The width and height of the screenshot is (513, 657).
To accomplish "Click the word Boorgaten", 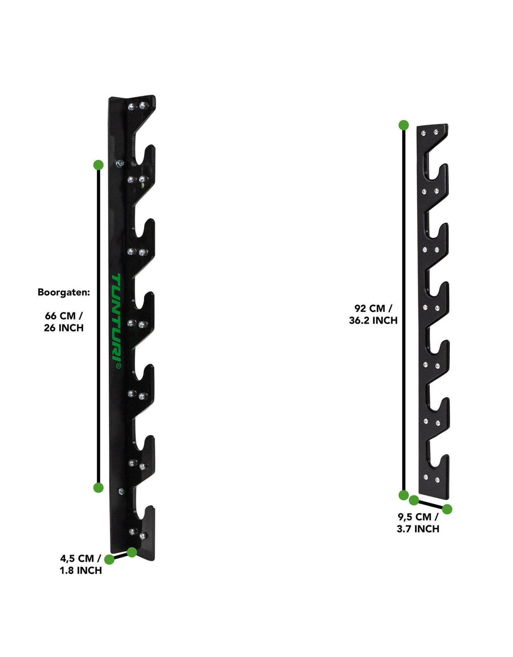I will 63,292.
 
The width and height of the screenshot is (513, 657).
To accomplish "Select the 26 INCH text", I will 63,328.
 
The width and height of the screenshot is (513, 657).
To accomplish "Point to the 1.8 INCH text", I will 80,570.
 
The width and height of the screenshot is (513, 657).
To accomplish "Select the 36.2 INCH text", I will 373,320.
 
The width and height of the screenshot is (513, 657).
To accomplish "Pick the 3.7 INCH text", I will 418,529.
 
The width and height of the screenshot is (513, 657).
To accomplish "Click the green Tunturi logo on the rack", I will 116,321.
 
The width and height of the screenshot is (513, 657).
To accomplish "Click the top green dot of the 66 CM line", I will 98,165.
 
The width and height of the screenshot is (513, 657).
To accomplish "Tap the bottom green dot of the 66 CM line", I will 98,488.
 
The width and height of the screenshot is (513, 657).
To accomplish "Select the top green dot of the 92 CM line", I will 404,125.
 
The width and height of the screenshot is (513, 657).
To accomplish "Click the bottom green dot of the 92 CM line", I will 404,495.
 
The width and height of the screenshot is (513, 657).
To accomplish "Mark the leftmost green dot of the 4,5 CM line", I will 109,559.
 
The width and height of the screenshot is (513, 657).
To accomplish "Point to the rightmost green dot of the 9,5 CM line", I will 447,509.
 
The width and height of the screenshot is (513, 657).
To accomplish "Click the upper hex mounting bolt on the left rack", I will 120,164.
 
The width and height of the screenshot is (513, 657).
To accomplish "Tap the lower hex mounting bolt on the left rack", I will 121,491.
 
